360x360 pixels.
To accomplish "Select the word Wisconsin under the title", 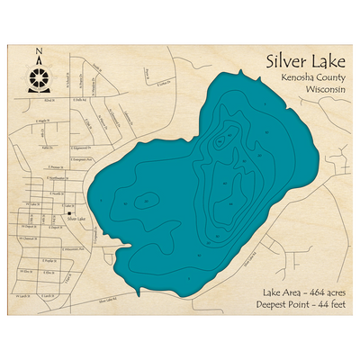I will pyautogui.click(x=315, y=91).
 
